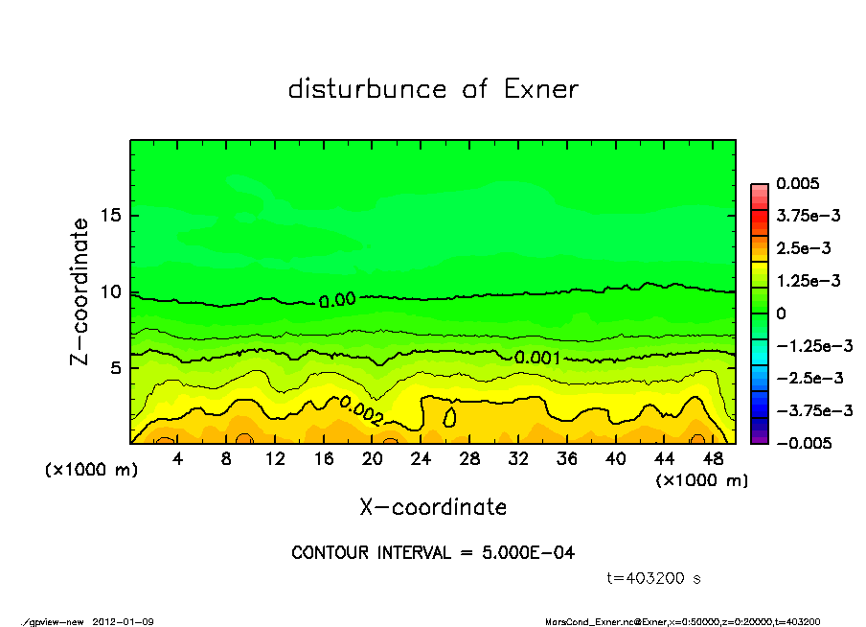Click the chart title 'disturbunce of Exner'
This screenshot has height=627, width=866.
433,89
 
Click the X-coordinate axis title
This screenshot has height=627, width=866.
433,506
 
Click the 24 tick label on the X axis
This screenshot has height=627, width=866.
421,459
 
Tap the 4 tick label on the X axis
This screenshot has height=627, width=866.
178,459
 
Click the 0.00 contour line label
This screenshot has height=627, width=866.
337,300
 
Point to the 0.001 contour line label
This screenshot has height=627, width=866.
538,358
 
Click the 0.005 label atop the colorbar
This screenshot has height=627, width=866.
799,183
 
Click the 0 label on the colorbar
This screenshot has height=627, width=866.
781,313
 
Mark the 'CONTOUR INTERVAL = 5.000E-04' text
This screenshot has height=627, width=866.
433,553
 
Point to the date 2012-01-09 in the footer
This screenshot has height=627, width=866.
123,622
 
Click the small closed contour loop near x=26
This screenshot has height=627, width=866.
449,418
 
